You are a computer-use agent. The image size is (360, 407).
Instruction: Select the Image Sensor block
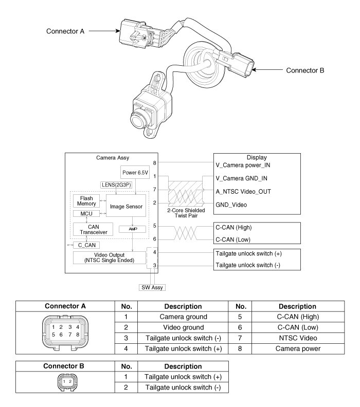click(x=124, y=206)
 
